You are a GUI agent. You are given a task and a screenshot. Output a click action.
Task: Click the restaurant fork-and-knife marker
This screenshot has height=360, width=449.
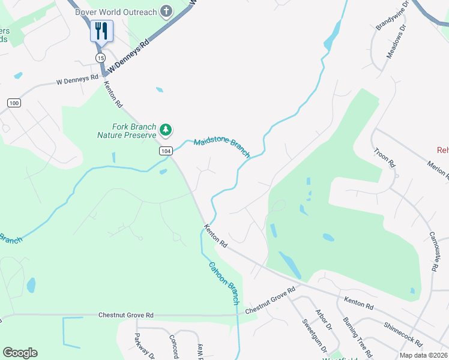101,31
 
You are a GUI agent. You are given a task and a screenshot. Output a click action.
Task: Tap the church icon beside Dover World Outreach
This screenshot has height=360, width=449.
166,11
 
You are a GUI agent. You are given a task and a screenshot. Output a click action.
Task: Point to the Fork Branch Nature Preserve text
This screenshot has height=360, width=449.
126,131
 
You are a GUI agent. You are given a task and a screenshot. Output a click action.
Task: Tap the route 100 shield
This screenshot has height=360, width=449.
14,103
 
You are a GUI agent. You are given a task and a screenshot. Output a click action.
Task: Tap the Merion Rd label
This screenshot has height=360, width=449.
436,169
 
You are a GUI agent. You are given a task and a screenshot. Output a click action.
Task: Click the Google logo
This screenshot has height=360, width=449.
20,353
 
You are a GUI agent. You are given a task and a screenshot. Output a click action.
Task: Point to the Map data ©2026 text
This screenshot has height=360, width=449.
423,355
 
